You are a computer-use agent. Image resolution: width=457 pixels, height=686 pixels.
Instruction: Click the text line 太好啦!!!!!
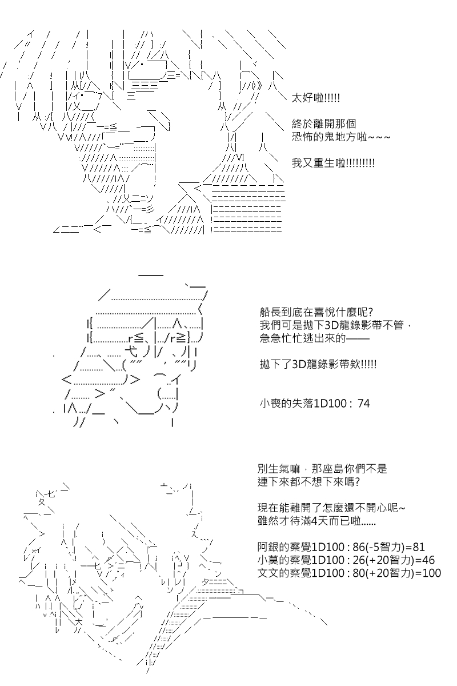pyautogui.click(x=315, y=98)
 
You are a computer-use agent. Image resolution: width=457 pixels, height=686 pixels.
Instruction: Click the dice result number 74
pyautogui.click(x=363, y=404)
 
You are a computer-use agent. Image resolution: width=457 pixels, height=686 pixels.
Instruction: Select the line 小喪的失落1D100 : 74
pyautogui.click(x=314, y=404)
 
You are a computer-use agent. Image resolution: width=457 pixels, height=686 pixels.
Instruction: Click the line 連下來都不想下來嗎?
pyautogui.click(x=308, y=481)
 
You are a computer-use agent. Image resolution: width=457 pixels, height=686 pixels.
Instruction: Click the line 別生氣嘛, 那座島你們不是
pyautogui.click(x=322, y=469)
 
